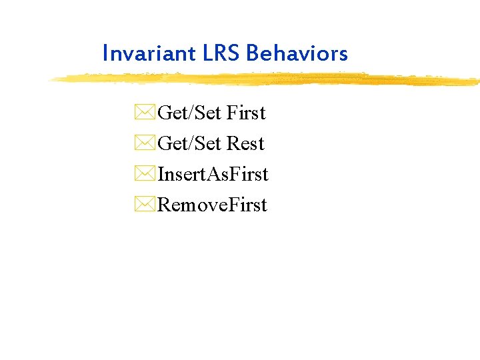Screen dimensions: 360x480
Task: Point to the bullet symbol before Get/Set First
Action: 145,113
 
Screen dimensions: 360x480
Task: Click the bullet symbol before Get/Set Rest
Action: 145,144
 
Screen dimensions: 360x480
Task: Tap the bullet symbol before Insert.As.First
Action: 145,175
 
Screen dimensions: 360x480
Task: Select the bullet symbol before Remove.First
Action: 145,205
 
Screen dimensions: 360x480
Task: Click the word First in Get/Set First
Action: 246,113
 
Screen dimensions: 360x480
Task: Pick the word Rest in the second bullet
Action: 245,144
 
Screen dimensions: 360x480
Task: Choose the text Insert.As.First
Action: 213,175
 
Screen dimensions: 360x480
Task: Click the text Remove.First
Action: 212,205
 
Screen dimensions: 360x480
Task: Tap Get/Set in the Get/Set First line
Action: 189,113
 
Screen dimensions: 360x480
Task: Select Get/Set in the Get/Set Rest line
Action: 189,144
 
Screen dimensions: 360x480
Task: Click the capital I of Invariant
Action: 105,53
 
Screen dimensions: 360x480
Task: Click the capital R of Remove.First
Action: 164,205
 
